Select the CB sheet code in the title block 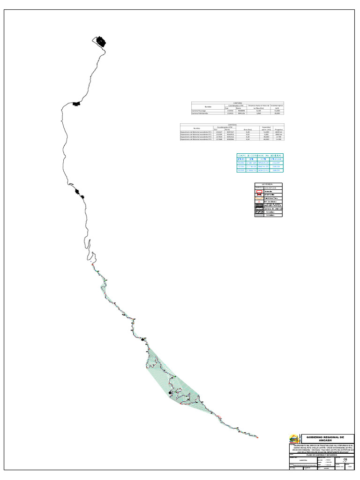click(345, 460)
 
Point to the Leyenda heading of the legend click(269, 185)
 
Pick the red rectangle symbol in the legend click(259, 192)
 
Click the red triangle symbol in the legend click(259, 202)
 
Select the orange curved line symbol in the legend click(259, 197)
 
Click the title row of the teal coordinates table click(260, 155)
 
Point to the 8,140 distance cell click(259, 111)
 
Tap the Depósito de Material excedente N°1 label click(197, 132)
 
